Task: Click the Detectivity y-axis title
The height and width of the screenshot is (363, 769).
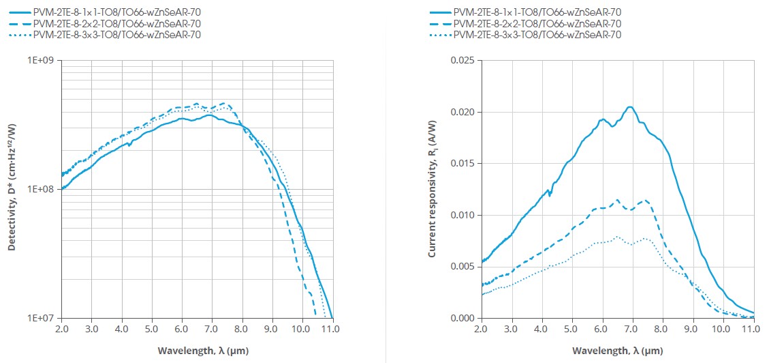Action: coord(12,189)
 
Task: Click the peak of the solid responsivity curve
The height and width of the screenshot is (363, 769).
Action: coord(630,107)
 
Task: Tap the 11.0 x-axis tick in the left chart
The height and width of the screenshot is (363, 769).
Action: coord(332,330)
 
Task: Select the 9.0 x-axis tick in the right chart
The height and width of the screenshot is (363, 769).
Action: coord(693,330)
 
